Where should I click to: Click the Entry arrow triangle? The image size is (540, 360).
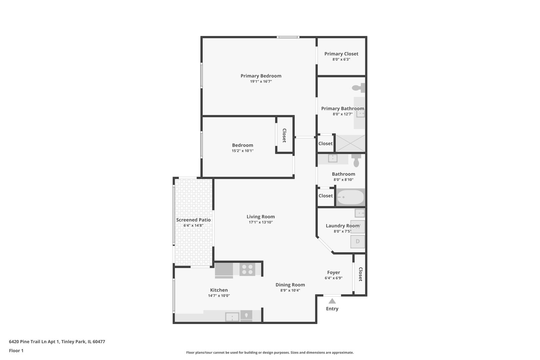(x=332, y=301)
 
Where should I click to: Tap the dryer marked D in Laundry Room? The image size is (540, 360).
(x=358, y=241)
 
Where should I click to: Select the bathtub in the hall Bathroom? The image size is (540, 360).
(x=350, y=197)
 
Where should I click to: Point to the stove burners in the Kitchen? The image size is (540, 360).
(x=247, y=269)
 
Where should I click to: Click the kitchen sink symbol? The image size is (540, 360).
(x=232, y=316)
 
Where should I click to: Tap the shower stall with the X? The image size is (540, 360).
(x=350, y=143)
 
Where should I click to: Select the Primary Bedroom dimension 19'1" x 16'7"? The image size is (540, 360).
(x=261, y=81)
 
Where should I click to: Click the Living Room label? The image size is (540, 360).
(x=261, y=217)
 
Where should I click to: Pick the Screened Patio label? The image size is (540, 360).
(x=193, y=220)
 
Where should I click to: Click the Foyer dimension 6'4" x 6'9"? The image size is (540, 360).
(x=333, y=278)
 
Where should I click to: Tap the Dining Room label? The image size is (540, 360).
(x=290, y=285)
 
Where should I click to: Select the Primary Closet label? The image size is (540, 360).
(x=341, y=54)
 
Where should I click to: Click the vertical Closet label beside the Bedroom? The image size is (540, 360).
(x=284, y=135)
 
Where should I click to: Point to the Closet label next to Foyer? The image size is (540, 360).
(x=360, y=274)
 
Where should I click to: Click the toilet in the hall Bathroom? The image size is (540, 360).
(x=356, y=160)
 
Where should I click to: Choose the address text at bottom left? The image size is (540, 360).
(x=57, y=342)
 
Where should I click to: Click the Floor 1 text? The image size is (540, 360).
(x=16, y=351)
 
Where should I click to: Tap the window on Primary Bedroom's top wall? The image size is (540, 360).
(x=288, y=37)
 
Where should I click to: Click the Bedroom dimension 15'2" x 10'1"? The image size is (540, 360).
(x=243, y=151)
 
